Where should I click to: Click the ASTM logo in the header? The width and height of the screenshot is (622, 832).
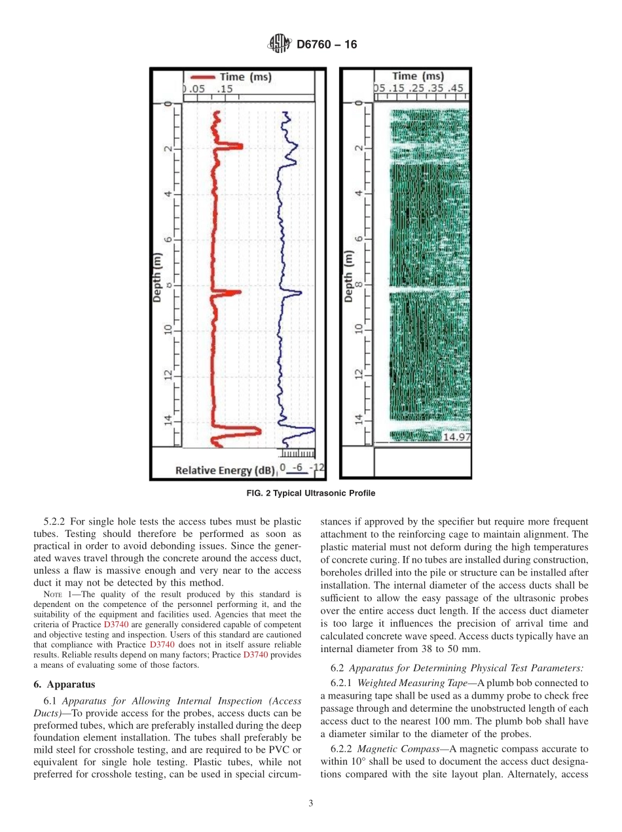tap(280, 44)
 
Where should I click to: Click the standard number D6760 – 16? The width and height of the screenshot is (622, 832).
tap(327, 45)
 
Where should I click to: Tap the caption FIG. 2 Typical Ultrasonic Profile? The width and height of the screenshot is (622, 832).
tap(310, 493)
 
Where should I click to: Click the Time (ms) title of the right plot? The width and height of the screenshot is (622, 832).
tap(418, 77)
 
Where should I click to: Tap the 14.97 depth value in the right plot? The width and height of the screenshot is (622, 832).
tap(456, 437)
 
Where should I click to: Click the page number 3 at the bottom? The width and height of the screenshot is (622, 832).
tap(311, 804)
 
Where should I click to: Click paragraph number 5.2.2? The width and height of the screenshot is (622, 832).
tap(56, 521)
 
